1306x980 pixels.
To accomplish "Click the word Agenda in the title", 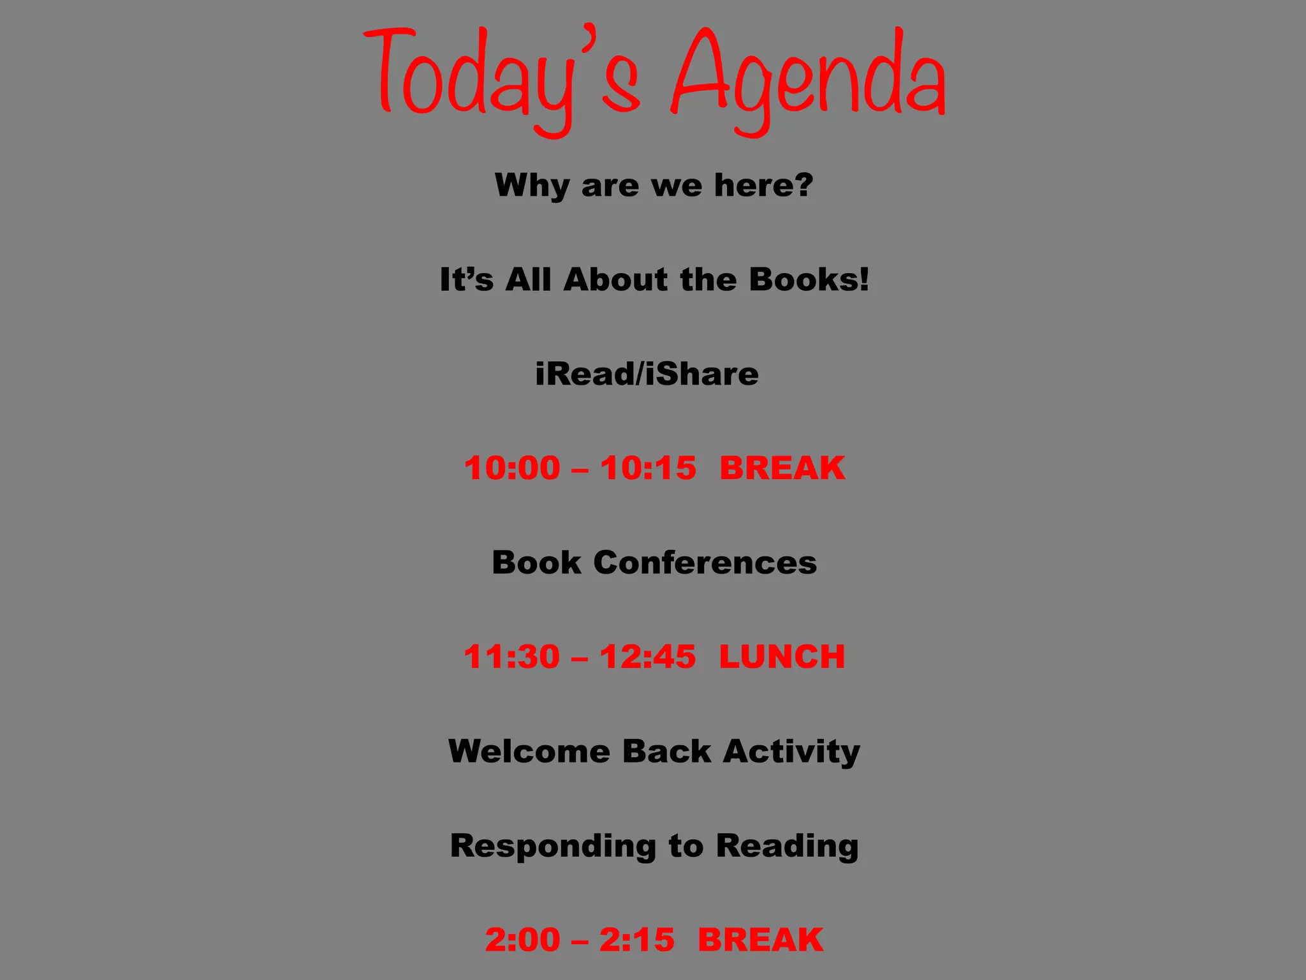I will (809, 80).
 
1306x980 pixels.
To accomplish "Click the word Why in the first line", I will (532, 186).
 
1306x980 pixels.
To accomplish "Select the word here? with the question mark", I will (763, 185).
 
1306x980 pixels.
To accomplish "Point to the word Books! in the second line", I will (809, 279).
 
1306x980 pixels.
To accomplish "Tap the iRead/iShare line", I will (647, 374).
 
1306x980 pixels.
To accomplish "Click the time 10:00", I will (512, 468).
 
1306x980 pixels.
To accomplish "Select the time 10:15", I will (648, 468).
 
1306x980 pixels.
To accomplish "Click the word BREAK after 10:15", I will (782, 468).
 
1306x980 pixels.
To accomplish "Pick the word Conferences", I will (705, 563).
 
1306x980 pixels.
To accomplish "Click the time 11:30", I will (512, 657).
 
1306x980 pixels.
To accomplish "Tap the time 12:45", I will (647, 657).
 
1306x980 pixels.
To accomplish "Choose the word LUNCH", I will (782, 657).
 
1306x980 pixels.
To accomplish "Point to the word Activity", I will (791, 751).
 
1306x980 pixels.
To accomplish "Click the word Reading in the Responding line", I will (787, 846).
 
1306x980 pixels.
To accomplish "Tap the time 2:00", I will (523, 940).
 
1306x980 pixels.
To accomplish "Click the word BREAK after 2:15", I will (760, 940).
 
